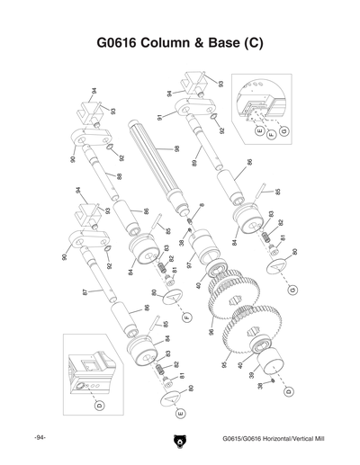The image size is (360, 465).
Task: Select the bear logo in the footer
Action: [179, 442]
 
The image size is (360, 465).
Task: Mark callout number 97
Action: [189, 265]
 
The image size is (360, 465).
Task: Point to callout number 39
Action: [251, 375]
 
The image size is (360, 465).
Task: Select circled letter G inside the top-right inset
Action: [283, 132]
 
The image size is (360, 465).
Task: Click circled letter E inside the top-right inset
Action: [260, 132]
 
